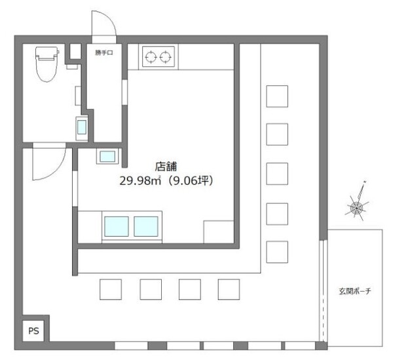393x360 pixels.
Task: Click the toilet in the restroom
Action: pos(47,64)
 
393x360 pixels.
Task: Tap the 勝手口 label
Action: pos(103,53)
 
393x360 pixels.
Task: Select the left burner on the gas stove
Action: pos(151,57)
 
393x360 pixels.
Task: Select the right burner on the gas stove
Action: pos(166,57)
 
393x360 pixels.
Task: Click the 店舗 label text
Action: pos(166,167)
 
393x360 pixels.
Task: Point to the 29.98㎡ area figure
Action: pos(140,180)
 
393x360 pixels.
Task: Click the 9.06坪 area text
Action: pos(191,180)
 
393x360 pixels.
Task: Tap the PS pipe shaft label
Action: pos(33,331)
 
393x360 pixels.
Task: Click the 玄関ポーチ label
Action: pos(354,291)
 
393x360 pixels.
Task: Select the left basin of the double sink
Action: pos(117,226)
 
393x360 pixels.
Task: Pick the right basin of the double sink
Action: pos(146,226)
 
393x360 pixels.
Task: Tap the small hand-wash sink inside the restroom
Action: pos(82,128)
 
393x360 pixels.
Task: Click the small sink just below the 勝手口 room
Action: pos(107,156)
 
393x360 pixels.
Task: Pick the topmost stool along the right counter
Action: pos(277,96)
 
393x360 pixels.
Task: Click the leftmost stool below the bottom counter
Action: pos(111,289)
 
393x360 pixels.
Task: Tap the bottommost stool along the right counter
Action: pos(277,252)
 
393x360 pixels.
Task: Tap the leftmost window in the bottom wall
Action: pos(132,346)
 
